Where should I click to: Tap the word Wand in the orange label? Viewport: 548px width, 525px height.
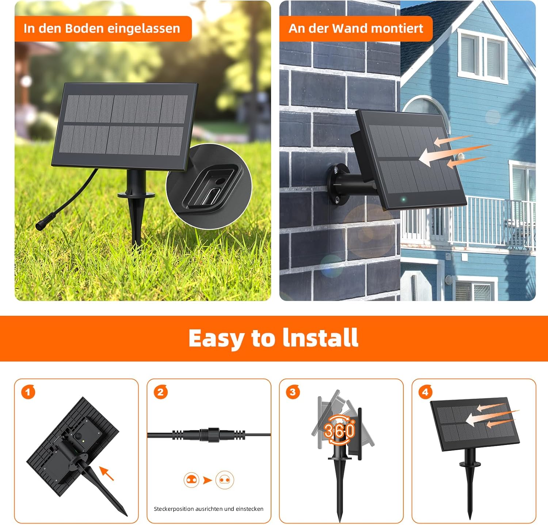[x=349, y=28]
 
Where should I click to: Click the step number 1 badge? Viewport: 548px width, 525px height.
[x=28, y=392]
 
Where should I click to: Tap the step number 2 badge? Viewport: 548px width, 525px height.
[x=160, y=392]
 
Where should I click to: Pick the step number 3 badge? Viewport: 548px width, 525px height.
[x=293, y=392]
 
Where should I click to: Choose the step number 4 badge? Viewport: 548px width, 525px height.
[x=425, y=392]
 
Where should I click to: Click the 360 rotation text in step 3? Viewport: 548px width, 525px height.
[x=339, y=430]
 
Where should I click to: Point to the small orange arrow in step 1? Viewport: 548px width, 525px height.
[x=106, y=473]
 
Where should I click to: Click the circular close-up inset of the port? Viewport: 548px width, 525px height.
[x=209, y=186]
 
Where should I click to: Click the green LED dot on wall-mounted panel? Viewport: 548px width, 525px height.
[x=403, y=200]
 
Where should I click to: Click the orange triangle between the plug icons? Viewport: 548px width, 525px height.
[x=208, y=480]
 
